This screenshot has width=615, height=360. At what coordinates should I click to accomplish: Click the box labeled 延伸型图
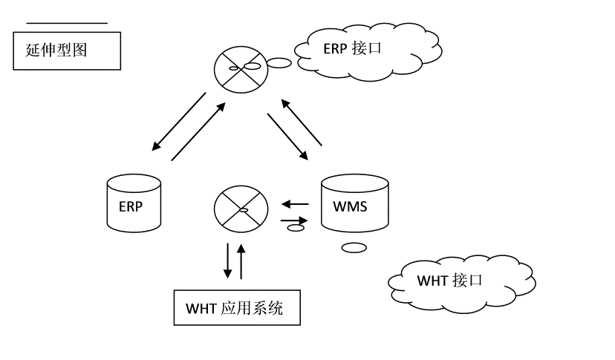point(67,51)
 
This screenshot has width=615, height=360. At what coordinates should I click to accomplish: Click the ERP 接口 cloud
point(368,49)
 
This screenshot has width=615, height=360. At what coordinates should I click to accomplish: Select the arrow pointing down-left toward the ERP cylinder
point(178,121)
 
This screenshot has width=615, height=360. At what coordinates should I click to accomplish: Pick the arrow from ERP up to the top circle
point(198,131)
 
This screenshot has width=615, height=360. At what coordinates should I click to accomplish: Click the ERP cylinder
point(134,203)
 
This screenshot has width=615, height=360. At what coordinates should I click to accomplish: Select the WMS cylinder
point(354,204)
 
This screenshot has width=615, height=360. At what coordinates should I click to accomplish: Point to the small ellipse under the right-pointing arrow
point(296,228)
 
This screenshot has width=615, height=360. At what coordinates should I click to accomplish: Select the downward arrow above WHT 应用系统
point(227,259)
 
